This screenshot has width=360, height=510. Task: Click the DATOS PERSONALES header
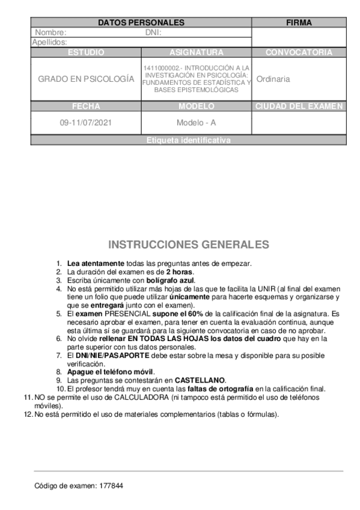coord(141,22)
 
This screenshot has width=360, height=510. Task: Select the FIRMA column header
coord(299,22)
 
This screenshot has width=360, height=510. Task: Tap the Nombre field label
coord(50,32)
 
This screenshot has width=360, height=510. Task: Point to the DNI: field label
coord(154,32)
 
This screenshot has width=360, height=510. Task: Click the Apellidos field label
coord(49,42)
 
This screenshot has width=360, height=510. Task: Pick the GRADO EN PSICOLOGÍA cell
coord(86,79)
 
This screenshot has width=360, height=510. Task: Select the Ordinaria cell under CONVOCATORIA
coord(273,79)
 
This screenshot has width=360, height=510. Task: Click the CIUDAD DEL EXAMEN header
coord(299,106)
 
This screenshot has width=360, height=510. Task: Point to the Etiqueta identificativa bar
coord(188,141)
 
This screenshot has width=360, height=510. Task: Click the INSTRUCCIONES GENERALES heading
coord(188,245)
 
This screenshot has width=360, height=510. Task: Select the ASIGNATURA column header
coord(197,52)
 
